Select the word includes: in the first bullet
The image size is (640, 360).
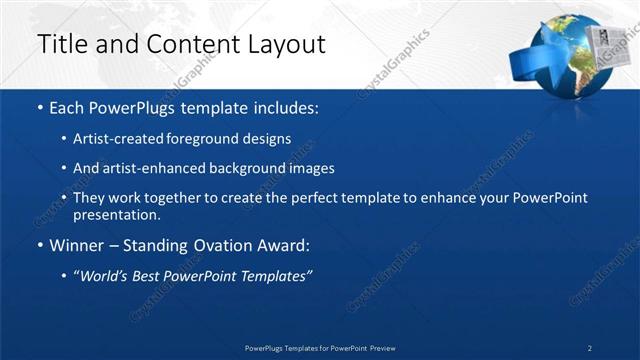(x=280, y=106)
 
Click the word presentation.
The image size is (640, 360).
(x=116, y=214)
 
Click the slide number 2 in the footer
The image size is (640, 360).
(x=590, y=348)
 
